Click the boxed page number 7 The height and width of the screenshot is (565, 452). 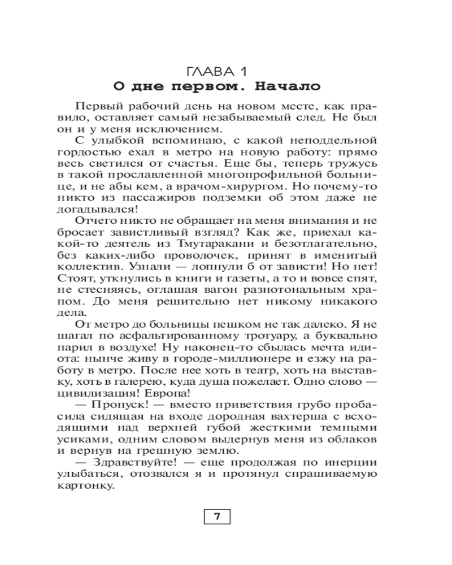coord(218,516)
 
